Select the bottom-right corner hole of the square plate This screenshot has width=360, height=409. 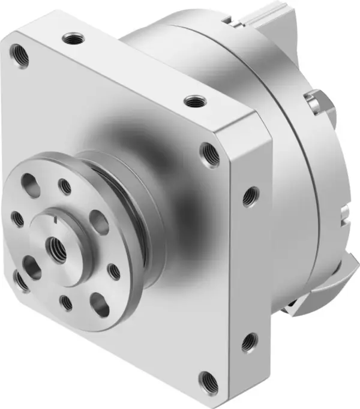tap(208, 380)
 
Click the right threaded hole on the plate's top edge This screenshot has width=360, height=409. tap(193, 101)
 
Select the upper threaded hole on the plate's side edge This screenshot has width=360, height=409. tap(250, 196)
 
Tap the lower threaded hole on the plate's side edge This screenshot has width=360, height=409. tap(249, 343)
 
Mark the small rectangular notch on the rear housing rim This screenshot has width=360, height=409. tap(343, 212)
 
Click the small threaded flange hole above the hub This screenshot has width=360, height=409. tap(65, 187)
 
